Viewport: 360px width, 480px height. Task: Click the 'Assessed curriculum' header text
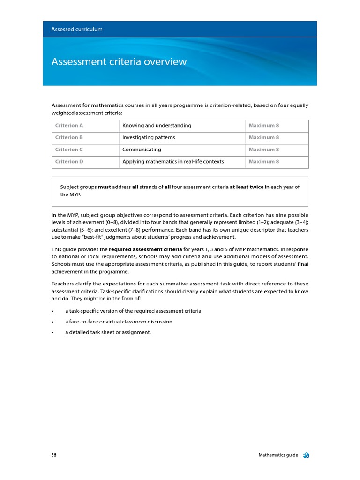pyautogui.click(x=77, y=29)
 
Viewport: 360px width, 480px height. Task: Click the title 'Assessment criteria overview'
pyautogui.click(x=119, y=61)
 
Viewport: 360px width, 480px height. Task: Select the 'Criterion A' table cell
pyautogui.click(x=69, y=126)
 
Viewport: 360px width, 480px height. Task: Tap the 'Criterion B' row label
pyautogui.click(x=69, y=137)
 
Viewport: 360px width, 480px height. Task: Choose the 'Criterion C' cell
pyautogui.click(x=69, y=150)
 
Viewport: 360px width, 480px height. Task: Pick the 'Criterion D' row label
pyautogui.click(x=69, y=162)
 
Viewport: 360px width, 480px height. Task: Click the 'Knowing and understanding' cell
pyautogui.click(x=157, y=126)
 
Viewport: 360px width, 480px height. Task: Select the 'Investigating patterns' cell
pyautogui.click(x=149, y=137)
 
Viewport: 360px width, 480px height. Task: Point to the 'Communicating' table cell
pyautogui.click(x=142, y=150)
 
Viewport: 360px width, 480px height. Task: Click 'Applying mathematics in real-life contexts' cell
pyautogui.click(x=173, y=162)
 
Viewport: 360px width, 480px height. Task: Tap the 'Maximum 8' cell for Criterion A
pyautogui.click(x=263, y=126)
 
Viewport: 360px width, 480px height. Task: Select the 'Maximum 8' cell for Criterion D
pyautogui.click(x=263, y=162)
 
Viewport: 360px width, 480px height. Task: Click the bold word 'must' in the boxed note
pyautogui.click(x=105, y=187)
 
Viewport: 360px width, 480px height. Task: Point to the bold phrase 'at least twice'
pyautogui.click(x=247, y=187)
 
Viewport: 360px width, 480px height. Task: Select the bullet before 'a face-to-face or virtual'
pyautogui.click(x=53, y=322)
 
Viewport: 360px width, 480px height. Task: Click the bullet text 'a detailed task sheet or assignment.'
pyautogui.click(x=108, y=333)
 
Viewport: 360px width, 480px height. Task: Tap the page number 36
pyautogui.click(x=54, y=455)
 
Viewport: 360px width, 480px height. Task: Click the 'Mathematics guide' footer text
pyautogui.click(x=278, y=455)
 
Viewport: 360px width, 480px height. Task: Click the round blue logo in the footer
pyautogui.click(x=306, y=455)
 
